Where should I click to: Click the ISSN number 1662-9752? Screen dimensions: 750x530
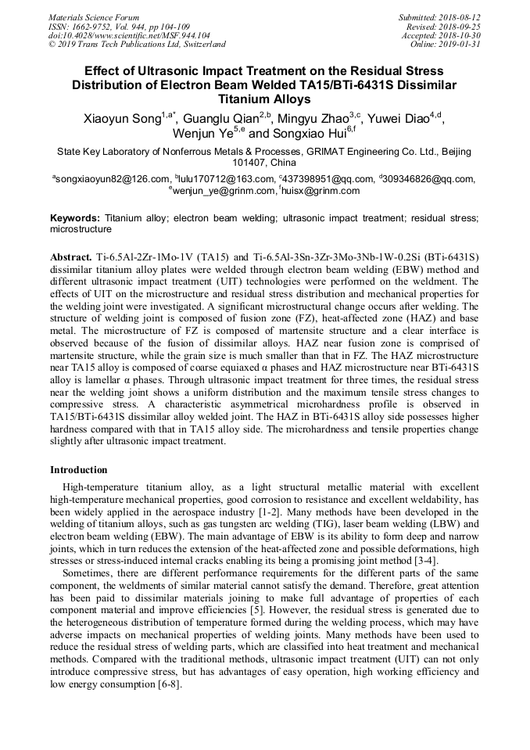tap(96, 27)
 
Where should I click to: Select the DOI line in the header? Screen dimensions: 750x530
tap(129, 35)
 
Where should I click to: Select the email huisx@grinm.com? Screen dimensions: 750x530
tap(321, 190)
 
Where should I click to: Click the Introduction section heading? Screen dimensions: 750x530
tap(79, 470)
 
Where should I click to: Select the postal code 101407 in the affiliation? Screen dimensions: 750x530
tap(251, 163)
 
